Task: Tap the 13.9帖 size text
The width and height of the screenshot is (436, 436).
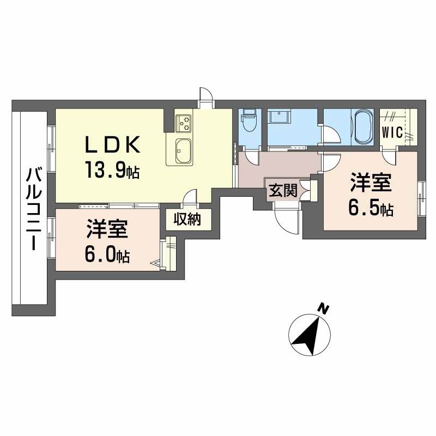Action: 112,171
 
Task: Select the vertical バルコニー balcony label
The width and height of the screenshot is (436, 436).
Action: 32,210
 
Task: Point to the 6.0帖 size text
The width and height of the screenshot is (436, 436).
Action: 107,255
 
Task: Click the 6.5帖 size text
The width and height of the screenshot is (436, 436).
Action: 371,208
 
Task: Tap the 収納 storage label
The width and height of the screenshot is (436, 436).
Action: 187,219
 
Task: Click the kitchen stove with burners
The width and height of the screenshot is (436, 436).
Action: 184,123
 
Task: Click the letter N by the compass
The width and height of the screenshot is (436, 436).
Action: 324,309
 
